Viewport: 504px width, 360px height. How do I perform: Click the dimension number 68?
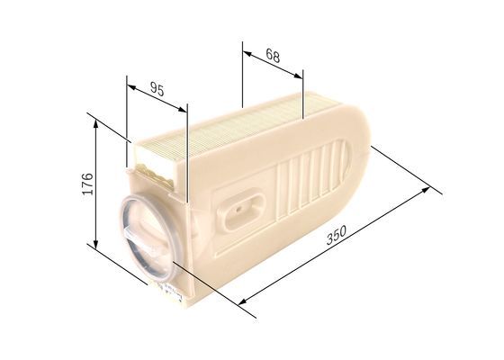[273, 55]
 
